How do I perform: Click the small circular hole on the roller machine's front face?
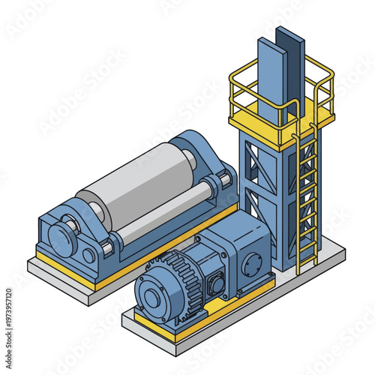pyautogui.click(x=88, y=255)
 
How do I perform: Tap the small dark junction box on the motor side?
pyautogui.click(x=217, y=286)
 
